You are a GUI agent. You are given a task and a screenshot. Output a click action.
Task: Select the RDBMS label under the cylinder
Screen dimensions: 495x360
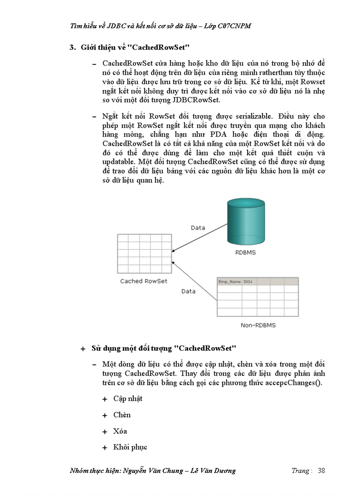click(x=245, y=253)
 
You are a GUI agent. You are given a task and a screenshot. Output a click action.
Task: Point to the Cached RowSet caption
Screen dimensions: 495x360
click(x=144, y=281)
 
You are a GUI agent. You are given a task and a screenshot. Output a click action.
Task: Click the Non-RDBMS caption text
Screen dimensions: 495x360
click(x=259, y=325)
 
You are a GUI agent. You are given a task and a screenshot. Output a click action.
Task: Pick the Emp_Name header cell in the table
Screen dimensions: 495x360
click(x=229, y=281)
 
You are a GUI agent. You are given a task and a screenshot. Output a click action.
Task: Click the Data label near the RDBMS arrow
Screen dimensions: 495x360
click(x=198, y=227)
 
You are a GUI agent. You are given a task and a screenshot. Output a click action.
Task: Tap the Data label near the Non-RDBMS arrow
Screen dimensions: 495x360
click(x=189, y=291)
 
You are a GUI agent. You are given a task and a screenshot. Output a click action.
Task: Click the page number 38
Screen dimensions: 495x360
click(x=321, y=470)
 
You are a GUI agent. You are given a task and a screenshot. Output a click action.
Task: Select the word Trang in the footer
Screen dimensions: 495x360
click(x=300, y=470)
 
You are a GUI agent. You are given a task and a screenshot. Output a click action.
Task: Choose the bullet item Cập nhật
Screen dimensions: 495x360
click(x=127, y=398)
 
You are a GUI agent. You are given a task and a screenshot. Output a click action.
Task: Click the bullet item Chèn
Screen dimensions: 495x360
click(x=122, y=415)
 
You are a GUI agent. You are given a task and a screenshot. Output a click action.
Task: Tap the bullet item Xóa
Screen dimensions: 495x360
click(x=120, y=431)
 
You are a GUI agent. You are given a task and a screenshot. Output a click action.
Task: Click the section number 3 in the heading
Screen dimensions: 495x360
click(x=72, y=47)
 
